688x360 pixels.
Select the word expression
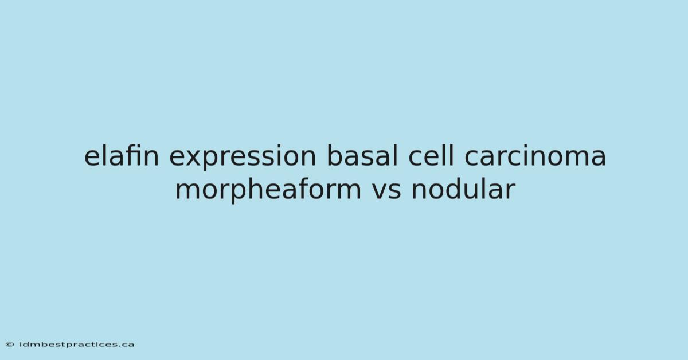pos(243,158)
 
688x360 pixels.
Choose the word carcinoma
pos(535,156)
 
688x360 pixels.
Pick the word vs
pos(386,191)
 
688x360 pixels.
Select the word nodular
pos(463,189)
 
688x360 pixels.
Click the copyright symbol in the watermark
pos(10,345)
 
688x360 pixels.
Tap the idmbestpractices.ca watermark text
pos(76,345)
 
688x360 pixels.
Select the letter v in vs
pos(380,191)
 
